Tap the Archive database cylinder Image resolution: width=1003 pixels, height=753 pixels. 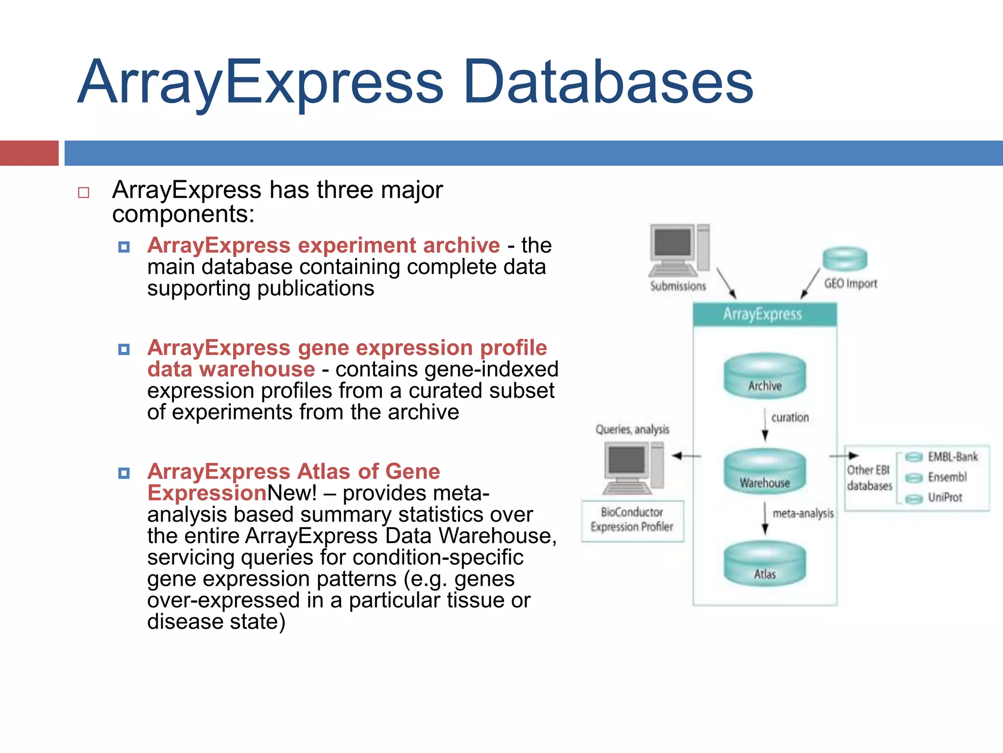(x=764, y=376)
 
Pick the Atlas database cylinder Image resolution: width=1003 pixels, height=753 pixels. (x=764, y=564)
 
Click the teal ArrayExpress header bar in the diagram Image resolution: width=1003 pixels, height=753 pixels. (x=764, y=314)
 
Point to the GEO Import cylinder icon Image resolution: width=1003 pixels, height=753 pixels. (x=845, y=258)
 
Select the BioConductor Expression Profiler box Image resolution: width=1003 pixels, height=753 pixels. (x=632, y=521)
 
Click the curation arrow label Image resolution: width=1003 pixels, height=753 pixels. (x=790, y=418)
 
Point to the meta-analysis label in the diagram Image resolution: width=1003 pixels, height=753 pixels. (x=803, y=514)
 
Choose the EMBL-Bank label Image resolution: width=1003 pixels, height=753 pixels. (x=953, y=457)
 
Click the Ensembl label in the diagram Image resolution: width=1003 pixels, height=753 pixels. (x=947, y=477)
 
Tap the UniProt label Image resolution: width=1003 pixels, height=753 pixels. (x=945, y=498)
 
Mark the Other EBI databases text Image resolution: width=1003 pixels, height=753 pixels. (x=869, y=478)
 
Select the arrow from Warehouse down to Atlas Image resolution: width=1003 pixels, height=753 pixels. (x=765, y=519)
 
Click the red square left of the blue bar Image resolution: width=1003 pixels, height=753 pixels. (x=29, y=153)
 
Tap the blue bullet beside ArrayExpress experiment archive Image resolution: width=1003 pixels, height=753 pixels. (x=124, y=247)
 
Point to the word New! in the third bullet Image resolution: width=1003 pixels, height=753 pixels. (x=292, y=493)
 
